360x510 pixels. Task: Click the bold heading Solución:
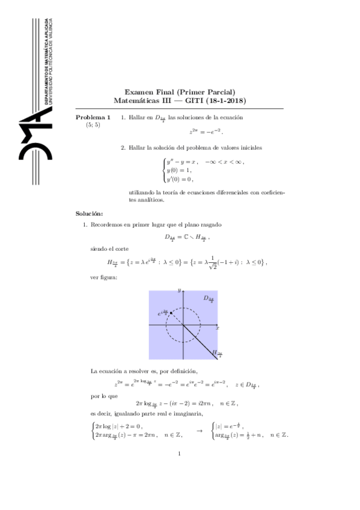[x=89, y=214]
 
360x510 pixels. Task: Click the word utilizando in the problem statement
[x=142, y=192]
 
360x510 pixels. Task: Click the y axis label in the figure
[x=179, y=291]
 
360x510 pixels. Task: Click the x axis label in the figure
[x=216, y=328]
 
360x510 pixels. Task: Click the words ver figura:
[x=103, y=277]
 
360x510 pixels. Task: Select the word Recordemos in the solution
[x=108, y=224]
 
